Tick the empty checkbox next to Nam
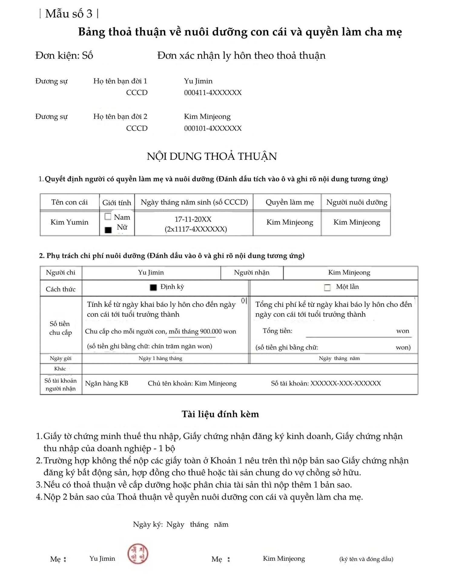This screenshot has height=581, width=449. (108, 217)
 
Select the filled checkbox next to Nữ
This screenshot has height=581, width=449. (108, 230)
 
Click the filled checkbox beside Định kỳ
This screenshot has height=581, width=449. (154, 287)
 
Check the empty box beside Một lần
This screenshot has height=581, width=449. (327, 287)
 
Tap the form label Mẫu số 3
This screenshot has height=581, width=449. (69, 14)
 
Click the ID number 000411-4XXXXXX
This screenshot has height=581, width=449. (213, 93)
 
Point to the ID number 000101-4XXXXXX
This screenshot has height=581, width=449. (213, 128)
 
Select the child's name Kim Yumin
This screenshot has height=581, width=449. (69, 222)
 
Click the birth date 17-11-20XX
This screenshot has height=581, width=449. (193, 219)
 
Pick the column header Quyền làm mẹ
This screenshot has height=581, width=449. (290, 202)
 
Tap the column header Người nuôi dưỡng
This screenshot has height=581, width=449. (357, 202)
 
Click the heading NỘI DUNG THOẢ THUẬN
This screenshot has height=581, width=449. (212, 156)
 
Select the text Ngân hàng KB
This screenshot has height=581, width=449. (107, 383)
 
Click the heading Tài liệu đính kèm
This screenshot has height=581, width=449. (220, 414)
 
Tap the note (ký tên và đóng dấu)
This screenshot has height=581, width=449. (366, 559)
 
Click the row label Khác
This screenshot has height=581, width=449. (60, 369)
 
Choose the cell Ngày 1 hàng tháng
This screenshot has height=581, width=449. (160, 358)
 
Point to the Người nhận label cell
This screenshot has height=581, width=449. (252, 272)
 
